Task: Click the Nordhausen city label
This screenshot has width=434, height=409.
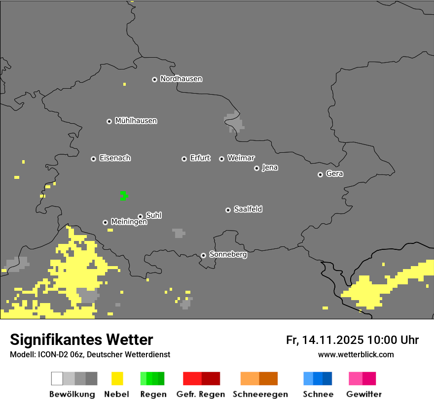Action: (x=181, y=79)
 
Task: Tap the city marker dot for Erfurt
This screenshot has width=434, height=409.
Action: (x=184, y=159)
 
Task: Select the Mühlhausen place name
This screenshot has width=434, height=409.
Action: (x=136, y=121)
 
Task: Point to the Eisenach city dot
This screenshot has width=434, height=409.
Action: (x=93, y=159)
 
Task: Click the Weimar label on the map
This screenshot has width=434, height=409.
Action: (x=241, y=158)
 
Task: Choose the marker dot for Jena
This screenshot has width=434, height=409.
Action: (x=256, y=168)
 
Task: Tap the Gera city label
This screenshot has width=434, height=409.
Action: (x=334, y=174)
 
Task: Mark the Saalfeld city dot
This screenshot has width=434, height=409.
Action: (x=228, y=210)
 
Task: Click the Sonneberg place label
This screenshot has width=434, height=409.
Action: (x=228, y=255)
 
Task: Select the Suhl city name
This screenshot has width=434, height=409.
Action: (x=153, y=215)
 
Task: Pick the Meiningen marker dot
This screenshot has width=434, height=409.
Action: (x=105, y=222)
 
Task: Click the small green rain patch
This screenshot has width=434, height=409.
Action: (x=123, y=196)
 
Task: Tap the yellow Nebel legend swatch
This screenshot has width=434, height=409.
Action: (x=117, y=378)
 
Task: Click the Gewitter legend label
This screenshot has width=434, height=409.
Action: (x=363, y=394)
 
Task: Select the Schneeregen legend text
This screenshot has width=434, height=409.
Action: (x=260, y=394)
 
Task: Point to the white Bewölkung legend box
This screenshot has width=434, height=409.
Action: (x=57, y=378)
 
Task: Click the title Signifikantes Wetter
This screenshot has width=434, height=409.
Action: (x=81, y=340)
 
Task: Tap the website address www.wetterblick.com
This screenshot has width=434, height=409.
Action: (x=356, y=354)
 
